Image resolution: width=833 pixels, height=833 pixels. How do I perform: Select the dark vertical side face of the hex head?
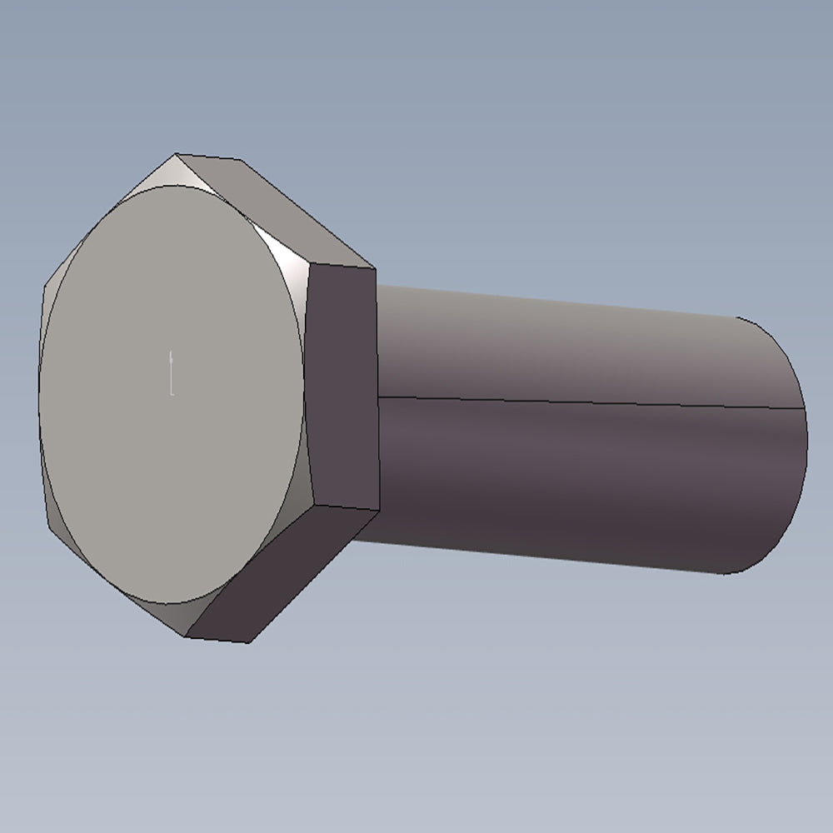coord(342,383)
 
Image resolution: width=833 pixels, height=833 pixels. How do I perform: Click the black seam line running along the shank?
coord(583,402)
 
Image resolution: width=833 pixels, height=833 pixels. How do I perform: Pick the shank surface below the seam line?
coord(566,475)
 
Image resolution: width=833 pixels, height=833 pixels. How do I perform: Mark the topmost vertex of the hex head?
coord(177,154)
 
